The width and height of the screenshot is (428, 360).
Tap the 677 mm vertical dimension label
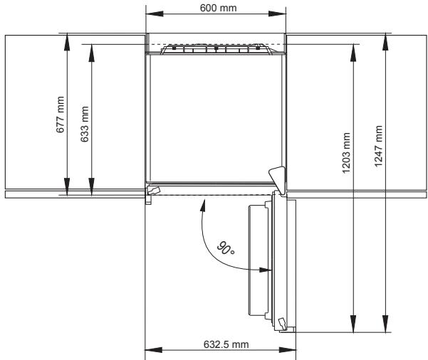tap(61, 115)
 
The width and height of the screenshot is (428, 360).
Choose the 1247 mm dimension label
tap(378, 146)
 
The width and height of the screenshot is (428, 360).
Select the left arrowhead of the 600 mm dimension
tap(150, 14)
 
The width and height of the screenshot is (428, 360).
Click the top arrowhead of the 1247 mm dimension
tap(385, 38)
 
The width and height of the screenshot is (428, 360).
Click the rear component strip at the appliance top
tap(216, 49)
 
